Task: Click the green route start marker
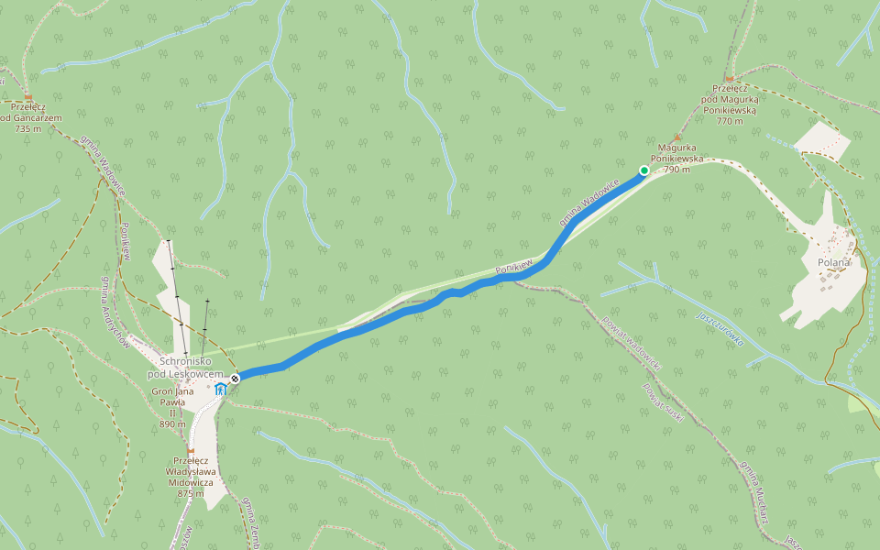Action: tap(644, 170)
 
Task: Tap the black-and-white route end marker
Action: tap(236, 379)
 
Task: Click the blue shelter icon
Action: tap(221, 390)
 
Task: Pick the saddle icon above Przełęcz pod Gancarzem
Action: tap(28, 97)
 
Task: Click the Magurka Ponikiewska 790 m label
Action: tap(678, 158)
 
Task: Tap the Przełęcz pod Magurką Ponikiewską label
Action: tap(730, 104)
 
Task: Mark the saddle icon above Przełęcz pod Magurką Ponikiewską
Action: tap(729, 79)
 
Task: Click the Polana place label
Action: tap(833, 262)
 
